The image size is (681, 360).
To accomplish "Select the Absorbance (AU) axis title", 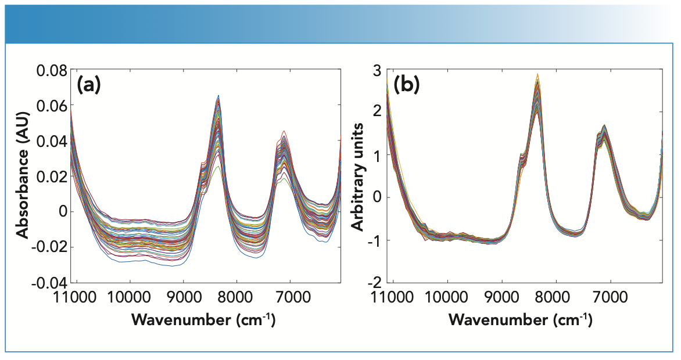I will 23,176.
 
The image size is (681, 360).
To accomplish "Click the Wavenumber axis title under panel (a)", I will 203,319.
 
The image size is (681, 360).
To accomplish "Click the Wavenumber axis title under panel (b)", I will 521,319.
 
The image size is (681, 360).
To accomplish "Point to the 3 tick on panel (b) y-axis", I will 378,71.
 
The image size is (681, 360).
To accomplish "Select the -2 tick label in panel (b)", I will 375,283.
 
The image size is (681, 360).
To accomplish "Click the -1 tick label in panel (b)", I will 375,240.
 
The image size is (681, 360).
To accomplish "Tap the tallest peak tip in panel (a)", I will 218,95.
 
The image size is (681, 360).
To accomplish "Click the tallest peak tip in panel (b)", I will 537,74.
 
